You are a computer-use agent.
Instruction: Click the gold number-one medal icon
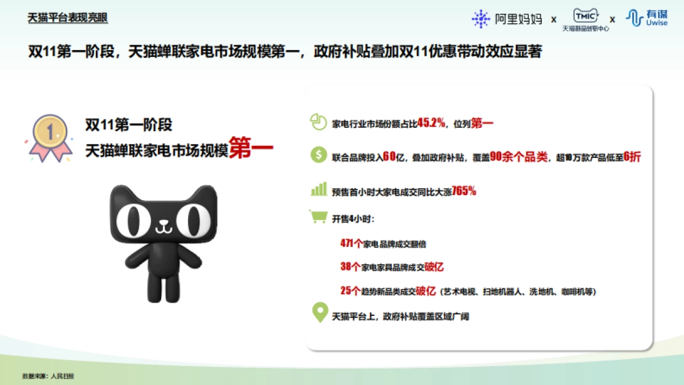(51, 135)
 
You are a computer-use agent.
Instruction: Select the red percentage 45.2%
(431, 123)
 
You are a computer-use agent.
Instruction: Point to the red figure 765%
(464, 192)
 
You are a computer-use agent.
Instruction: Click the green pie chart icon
(317, 121)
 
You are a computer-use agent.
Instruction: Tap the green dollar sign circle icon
(317, 156)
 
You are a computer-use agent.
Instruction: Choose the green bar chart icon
(318, 189)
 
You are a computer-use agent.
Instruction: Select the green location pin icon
(319, 314)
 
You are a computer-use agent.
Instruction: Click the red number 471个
(352, 244)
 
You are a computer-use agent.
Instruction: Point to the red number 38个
(350, 267)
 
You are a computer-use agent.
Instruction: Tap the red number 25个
(350, 291)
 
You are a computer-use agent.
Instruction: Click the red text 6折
(633, 157)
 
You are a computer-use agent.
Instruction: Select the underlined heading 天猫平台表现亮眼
(68, 18)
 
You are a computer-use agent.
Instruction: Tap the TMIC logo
(585, 19)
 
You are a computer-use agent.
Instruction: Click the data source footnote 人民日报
(63, 376)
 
